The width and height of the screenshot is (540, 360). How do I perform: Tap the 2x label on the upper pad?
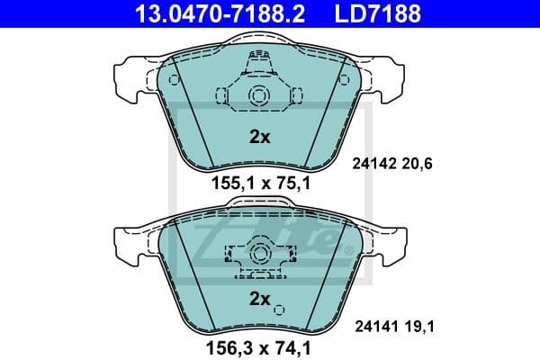(259, 138)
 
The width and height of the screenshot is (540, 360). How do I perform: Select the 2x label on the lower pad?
(259, 298)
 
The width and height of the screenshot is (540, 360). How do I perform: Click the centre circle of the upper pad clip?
(259, 97)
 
